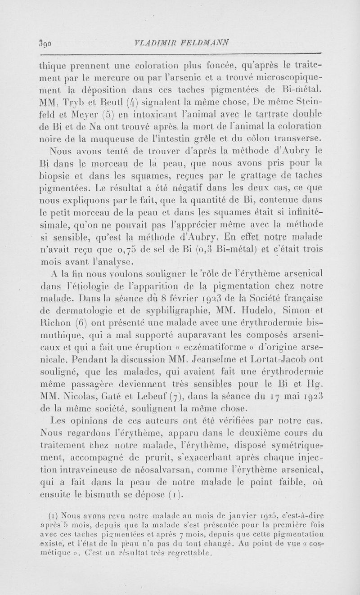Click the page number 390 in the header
click(x=45, y=44)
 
